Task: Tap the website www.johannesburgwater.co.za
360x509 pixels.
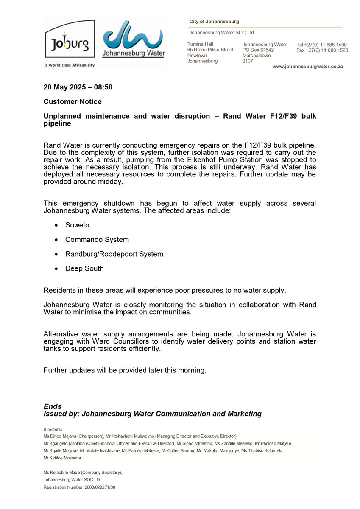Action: (x=307, y=67)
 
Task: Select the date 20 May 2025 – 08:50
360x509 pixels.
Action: (x=78, y=87)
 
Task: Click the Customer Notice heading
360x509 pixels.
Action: (x=73, y=102)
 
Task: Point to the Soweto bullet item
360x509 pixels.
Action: (x=77, y=225)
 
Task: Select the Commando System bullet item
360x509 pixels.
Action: (x=97, y=239)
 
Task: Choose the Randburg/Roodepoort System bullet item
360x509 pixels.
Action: (x=114, y=254)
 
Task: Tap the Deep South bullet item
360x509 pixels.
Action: (x=84, y=268)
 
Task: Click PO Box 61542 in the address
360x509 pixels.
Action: (x=258, y=50)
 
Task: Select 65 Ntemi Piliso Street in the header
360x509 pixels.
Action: (x=210, y=50)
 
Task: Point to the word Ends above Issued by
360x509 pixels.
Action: (x=53, y=406)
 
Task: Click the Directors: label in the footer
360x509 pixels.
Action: (x=53, y=429)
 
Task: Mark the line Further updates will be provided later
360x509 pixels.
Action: (x=125, y=370)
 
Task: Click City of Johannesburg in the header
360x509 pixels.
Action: (x=214, y=22)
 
